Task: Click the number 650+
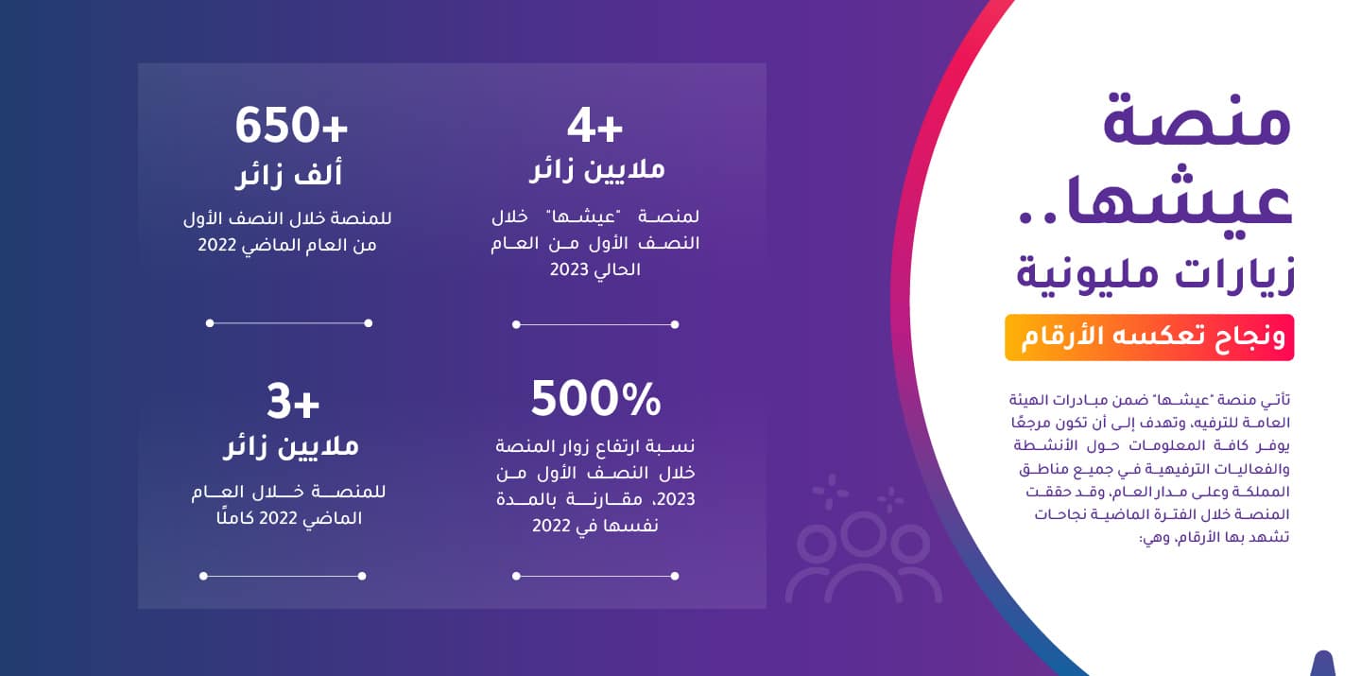(291, 125)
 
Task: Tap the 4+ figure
(594, 127)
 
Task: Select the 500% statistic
(595, 399)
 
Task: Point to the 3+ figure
(293, 402)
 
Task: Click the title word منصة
(1197, 120)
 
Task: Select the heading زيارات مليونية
(1154, 274)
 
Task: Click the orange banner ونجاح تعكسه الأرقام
(1149, 338)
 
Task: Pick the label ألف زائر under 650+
(289, 175)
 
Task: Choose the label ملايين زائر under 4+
(596, 169)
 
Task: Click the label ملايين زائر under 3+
(291, 447)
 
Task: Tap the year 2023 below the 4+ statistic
(569, 269)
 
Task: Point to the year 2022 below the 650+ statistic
(217, 245)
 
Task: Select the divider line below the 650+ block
(288, 322)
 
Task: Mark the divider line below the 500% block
(595, 576)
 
